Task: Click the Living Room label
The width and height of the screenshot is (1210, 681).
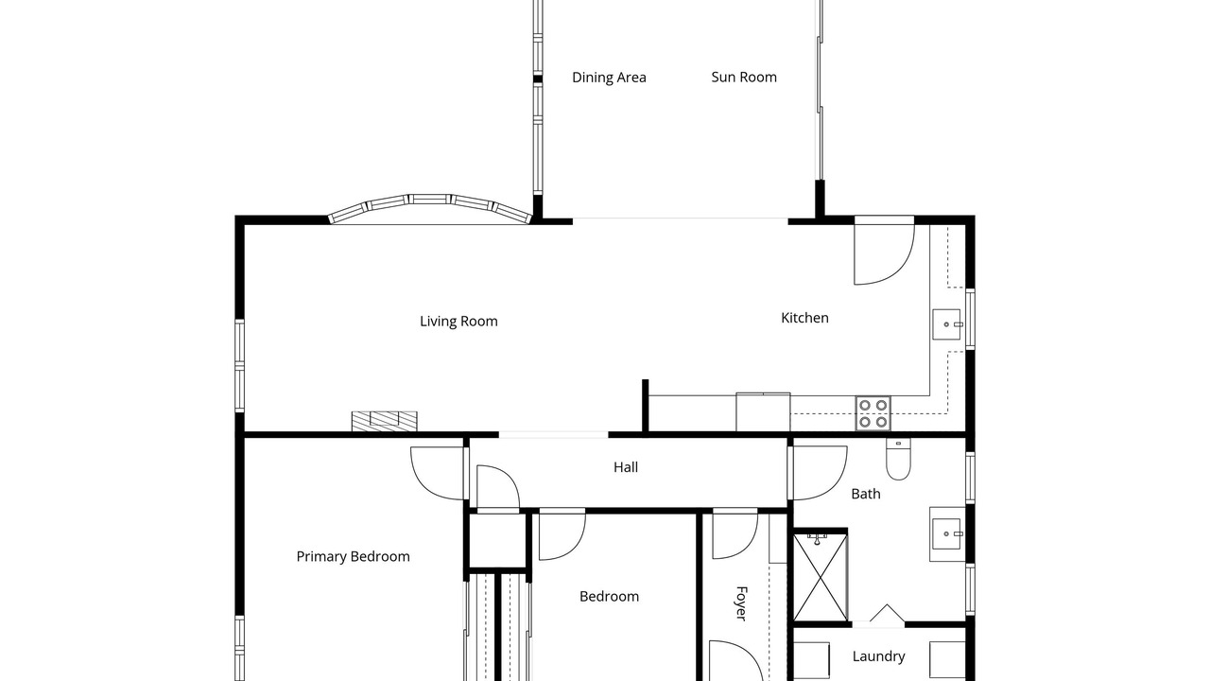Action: point(458,322)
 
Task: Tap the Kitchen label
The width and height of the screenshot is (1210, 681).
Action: point(804,318)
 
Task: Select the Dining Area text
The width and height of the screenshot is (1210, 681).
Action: point(609,78)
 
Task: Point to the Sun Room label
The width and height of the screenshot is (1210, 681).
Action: point(744,78)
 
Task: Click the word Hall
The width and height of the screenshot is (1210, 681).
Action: point(626,467)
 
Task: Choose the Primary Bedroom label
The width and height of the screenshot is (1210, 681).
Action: point(353,557)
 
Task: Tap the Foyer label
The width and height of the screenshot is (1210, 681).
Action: point(742,603)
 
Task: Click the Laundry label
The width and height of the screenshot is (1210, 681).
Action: point(878,656)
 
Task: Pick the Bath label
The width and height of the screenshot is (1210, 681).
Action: point(865,494)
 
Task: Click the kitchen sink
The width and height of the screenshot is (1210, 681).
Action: point(946,324)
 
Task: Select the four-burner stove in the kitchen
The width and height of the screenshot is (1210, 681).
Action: point(873,413)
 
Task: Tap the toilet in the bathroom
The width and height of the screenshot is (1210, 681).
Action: point(898,459)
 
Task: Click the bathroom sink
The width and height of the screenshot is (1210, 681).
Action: point(947,534)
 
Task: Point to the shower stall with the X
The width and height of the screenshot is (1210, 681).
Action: point(821,577)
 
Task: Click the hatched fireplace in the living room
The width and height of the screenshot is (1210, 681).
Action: point(384,422)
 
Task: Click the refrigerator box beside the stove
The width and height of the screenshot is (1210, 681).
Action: point(763,411)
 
